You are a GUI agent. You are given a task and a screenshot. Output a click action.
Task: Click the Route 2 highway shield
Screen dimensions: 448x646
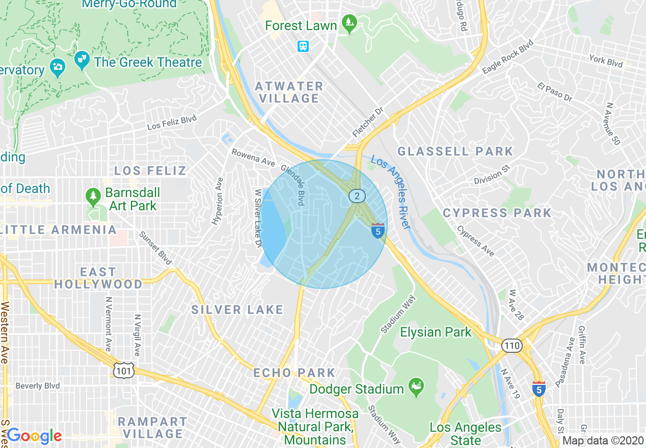coord(357,195)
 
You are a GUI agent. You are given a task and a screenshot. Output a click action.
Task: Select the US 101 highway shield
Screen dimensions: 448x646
coord(124,371)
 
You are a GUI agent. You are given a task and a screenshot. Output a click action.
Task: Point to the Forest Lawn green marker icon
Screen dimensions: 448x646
coord(349,23)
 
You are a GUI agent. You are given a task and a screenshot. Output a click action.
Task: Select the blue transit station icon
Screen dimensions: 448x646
coord(303,46)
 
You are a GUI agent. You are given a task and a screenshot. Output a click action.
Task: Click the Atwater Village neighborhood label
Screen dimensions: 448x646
coord(289,92)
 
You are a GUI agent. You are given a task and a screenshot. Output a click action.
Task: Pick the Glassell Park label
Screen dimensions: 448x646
coord(455,151)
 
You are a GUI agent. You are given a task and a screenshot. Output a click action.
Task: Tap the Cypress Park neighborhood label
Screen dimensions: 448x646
coord(497,213)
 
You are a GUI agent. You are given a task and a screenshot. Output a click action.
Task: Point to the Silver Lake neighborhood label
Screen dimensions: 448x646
coord(237,310)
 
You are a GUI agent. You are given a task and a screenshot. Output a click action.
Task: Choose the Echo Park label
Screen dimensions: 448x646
coord(294,373)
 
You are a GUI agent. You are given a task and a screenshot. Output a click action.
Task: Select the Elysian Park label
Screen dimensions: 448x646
coord(436,332)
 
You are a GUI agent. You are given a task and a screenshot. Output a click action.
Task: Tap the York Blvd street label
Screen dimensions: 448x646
coord(606,62)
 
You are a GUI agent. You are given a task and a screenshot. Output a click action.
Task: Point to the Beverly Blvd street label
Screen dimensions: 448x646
coord(38,386)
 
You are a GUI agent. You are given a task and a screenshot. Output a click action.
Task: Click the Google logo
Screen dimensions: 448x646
coord(34,436)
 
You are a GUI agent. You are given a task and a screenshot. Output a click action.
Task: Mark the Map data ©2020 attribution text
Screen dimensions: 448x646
coord(603,441)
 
